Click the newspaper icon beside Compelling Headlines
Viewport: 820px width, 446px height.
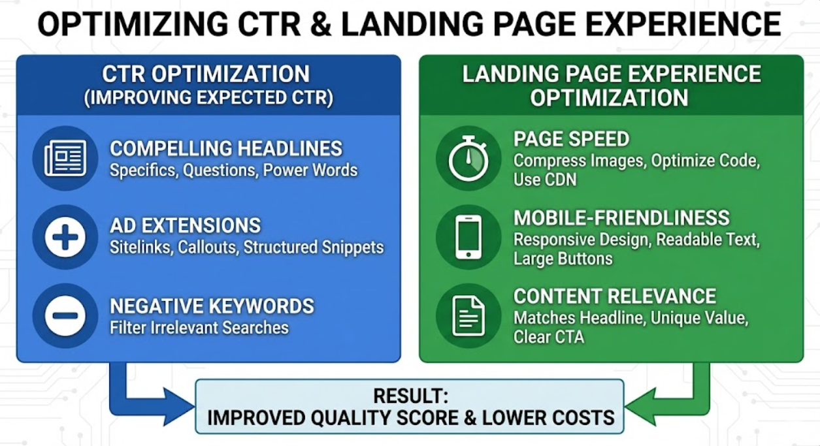[x=65, y=159]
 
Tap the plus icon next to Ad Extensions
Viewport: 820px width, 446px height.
[x=65, y=237]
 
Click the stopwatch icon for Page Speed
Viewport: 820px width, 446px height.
[x=468, y=159]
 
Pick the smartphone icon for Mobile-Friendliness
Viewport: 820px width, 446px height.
[x=468, y=237]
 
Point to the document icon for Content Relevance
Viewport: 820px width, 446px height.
[x=468, y=316]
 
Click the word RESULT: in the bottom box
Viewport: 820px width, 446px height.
[x=410, y=396]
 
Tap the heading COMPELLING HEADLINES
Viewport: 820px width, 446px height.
[x=225, y=149]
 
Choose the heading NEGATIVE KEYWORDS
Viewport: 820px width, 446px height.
[x=212, y=306]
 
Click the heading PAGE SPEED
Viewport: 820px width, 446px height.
[x=571, y=139]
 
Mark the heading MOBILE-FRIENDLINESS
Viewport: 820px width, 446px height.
[x=621, y=217]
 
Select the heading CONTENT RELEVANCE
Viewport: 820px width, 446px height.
[x=614, y=296]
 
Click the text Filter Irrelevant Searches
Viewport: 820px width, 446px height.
[x=199, y=327]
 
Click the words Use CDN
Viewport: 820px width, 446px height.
[x=545, y=180]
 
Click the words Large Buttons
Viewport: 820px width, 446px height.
[x=563, y=259]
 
